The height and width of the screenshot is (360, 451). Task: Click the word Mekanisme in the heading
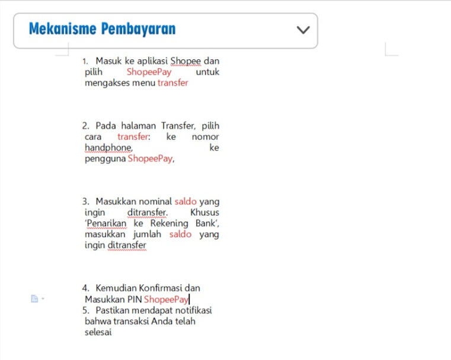62,28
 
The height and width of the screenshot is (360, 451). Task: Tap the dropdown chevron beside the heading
303,30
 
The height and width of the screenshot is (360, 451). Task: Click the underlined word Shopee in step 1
185,60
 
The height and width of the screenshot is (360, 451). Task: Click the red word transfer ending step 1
172,83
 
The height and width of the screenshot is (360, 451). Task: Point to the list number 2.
85,126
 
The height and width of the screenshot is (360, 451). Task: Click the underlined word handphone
108,147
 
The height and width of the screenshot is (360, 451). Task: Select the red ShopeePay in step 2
151,159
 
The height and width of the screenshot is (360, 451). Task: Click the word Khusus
204,212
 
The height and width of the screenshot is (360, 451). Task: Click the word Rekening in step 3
169,223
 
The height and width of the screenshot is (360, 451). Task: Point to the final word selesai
98,332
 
